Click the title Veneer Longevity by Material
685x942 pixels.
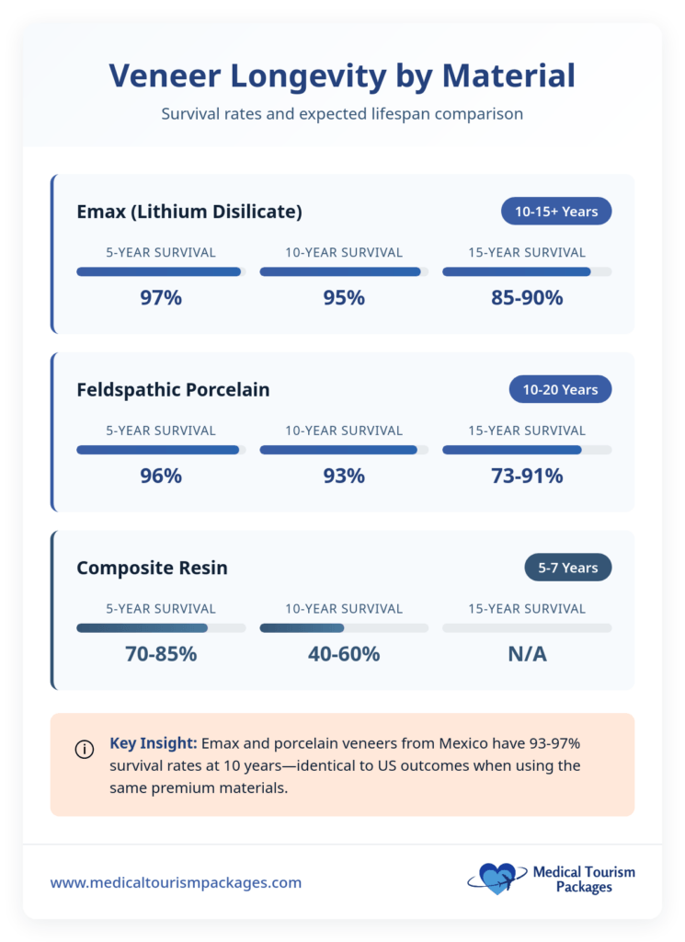[x=342, y=75]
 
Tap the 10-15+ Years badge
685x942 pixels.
[x=555, y=212]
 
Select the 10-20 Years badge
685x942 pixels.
[x=559, y=390]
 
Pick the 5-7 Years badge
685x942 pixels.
[x=567, y=568]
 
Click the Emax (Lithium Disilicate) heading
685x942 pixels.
[x=189, y=212]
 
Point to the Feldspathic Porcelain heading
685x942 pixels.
[x=173, y=390]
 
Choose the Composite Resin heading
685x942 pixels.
[x=152, y=568]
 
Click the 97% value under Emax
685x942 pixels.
[x=161, y=298]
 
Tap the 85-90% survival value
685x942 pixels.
[x=527, y=298]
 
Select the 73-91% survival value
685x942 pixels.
[x=527, y=476]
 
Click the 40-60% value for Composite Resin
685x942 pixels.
[x=344, y=654]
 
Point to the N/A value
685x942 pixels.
[x=527, y=654]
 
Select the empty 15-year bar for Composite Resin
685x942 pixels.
[x=527, y=628]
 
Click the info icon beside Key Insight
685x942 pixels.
[x=84, y=749]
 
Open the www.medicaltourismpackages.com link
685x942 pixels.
[x=176, y=882]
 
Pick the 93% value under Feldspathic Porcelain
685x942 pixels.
[x=344, y=476]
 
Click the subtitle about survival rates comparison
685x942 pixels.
[x=342, y=115]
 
